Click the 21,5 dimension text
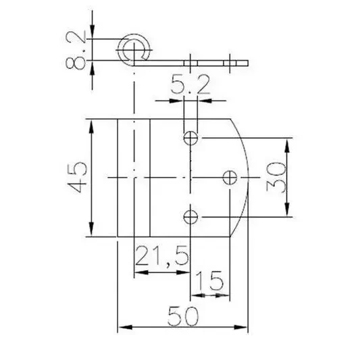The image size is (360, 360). [x=161, y=257]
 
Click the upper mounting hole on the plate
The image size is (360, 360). [x=191, y=138]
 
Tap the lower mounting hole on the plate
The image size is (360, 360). [x=191, y=217]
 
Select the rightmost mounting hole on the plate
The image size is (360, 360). [x=230, y=177]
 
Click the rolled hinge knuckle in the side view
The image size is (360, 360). [x=134, y=49]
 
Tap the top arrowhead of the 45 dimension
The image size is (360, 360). [x=91, y=125]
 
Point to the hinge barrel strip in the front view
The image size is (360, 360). [x=133, y=177]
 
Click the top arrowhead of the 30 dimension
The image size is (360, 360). [x=289, y=143]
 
